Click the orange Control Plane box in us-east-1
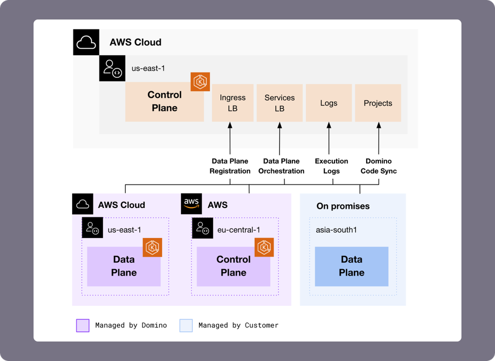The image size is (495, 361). click(164, 102)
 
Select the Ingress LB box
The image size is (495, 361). click(233, 103)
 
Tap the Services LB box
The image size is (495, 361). click(279, 103)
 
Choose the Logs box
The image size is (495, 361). click(328, 103)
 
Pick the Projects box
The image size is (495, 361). click(378, 103)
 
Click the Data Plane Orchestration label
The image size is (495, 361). click(281, 166)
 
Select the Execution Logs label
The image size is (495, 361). click(332, 166)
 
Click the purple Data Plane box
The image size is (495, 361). click(124, 266)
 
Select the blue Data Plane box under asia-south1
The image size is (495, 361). click(352, 266)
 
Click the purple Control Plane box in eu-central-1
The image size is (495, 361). click(233, 266)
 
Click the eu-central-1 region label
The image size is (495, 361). click(235, 230)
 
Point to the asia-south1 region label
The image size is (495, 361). click(336, 230)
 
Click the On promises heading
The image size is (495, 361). click(343, 206)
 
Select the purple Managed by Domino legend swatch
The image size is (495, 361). click(82, 325)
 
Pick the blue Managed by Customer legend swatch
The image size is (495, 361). click(186, 325)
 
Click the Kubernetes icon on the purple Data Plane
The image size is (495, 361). click(153, 248)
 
